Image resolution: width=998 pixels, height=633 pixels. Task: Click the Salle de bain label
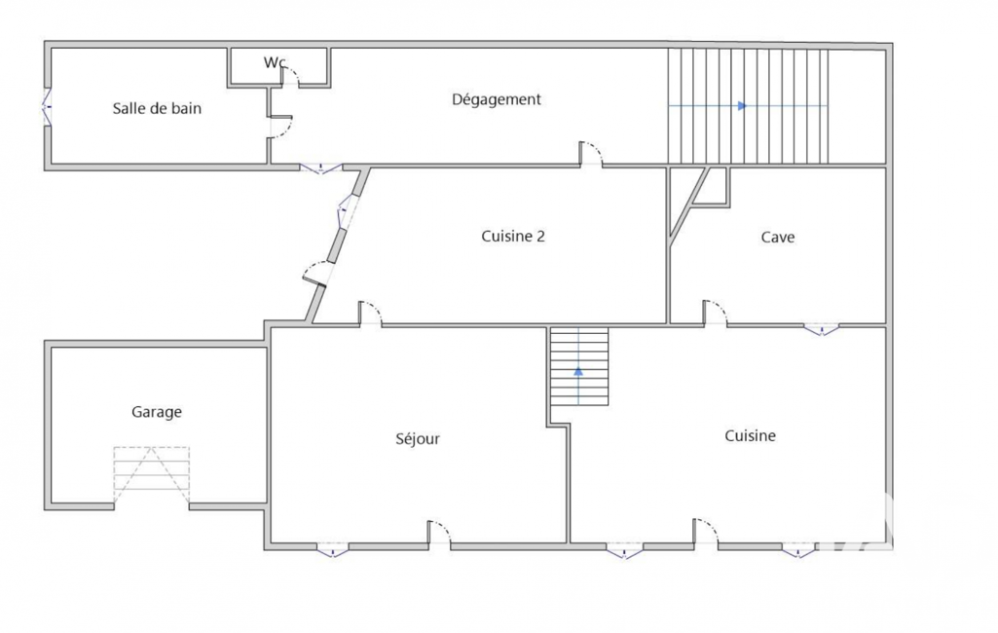[157, 108]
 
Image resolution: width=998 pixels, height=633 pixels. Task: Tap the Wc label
[275, 62]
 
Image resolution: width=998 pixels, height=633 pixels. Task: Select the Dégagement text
[497, 99]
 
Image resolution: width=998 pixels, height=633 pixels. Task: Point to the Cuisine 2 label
[513, 237]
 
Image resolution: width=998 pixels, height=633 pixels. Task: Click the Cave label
[778, 238]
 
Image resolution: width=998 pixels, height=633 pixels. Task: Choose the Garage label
[157, 412]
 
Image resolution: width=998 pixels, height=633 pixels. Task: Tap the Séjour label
[418, 439]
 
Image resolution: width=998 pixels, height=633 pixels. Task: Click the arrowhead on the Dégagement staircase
[742, 106]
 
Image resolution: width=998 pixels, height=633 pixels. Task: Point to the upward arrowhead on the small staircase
[578, 371]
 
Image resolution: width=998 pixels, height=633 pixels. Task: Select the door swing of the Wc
[290, 76]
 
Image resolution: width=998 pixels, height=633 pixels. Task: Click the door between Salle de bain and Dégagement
[280, 127]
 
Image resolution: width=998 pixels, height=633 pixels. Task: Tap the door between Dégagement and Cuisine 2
[591, 154]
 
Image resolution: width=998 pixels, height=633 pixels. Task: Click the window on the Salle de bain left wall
[47, 106]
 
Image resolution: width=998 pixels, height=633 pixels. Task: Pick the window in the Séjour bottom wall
[333, 549]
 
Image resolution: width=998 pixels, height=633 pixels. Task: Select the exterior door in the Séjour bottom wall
[439, 534]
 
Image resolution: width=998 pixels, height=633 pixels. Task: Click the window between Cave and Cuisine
[821, 329]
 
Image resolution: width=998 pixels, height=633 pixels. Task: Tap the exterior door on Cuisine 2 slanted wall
[316, 274]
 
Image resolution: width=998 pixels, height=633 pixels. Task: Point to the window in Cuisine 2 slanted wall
[345, 211]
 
